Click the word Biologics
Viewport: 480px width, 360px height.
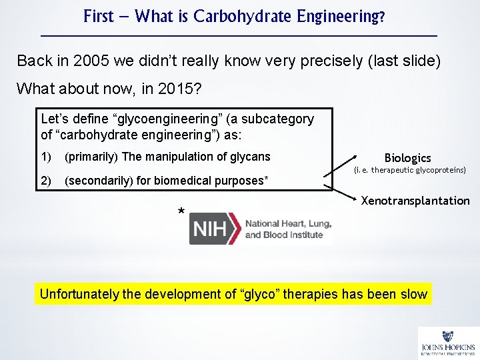[407, 158]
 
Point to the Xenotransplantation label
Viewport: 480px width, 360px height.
[415, 201]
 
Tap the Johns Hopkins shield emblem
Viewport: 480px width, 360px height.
[448, 337]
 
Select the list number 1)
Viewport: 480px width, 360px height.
[46, 157]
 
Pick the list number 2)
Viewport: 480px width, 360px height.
[46, 180]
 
